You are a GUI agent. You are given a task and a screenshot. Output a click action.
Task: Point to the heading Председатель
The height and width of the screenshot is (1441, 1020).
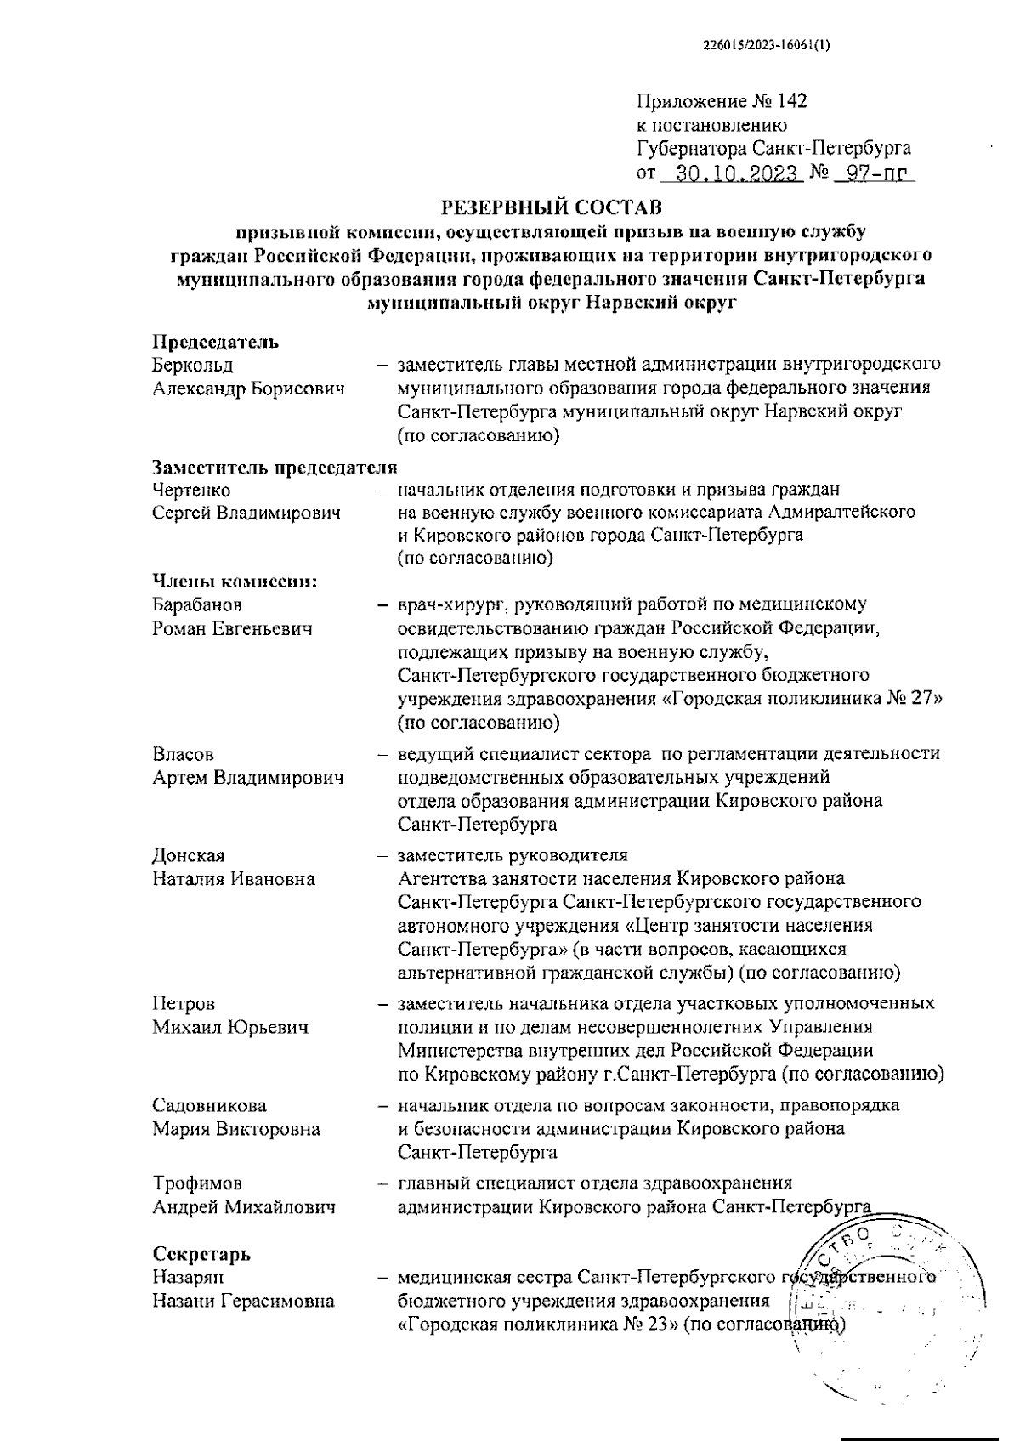[216, 343]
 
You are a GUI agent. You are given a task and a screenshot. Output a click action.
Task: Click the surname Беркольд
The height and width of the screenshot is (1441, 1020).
[193, 366]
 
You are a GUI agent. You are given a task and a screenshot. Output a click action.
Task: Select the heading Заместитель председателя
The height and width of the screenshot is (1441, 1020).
[275, 468]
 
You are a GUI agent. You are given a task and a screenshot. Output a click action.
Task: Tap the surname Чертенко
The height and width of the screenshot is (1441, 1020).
[191, 491]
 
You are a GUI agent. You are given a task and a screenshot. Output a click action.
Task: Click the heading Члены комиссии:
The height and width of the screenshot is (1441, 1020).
[235, 582]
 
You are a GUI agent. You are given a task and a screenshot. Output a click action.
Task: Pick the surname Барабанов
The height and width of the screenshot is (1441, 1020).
[197, 605]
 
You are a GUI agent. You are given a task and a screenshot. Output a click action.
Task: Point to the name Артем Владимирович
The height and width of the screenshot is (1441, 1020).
[248, 778]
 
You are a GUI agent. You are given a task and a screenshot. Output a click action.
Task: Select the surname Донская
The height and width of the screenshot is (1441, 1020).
[189, 855]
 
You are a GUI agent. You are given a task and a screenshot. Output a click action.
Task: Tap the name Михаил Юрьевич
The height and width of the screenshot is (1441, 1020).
[230, 1027]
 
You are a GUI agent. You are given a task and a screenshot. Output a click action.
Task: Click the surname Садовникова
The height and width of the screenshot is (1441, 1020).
[209, 1106]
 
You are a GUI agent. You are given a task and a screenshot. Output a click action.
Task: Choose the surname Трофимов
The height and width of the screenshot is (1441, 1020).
[196, 1183]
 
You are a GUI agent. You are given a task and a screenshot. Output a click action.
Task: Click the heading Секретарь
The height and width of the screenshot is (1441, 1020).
[201, 1254]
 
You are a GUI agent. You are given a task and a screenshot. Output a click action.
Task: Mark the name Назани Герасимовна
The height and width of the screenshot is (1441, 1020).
[243, 1301]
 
